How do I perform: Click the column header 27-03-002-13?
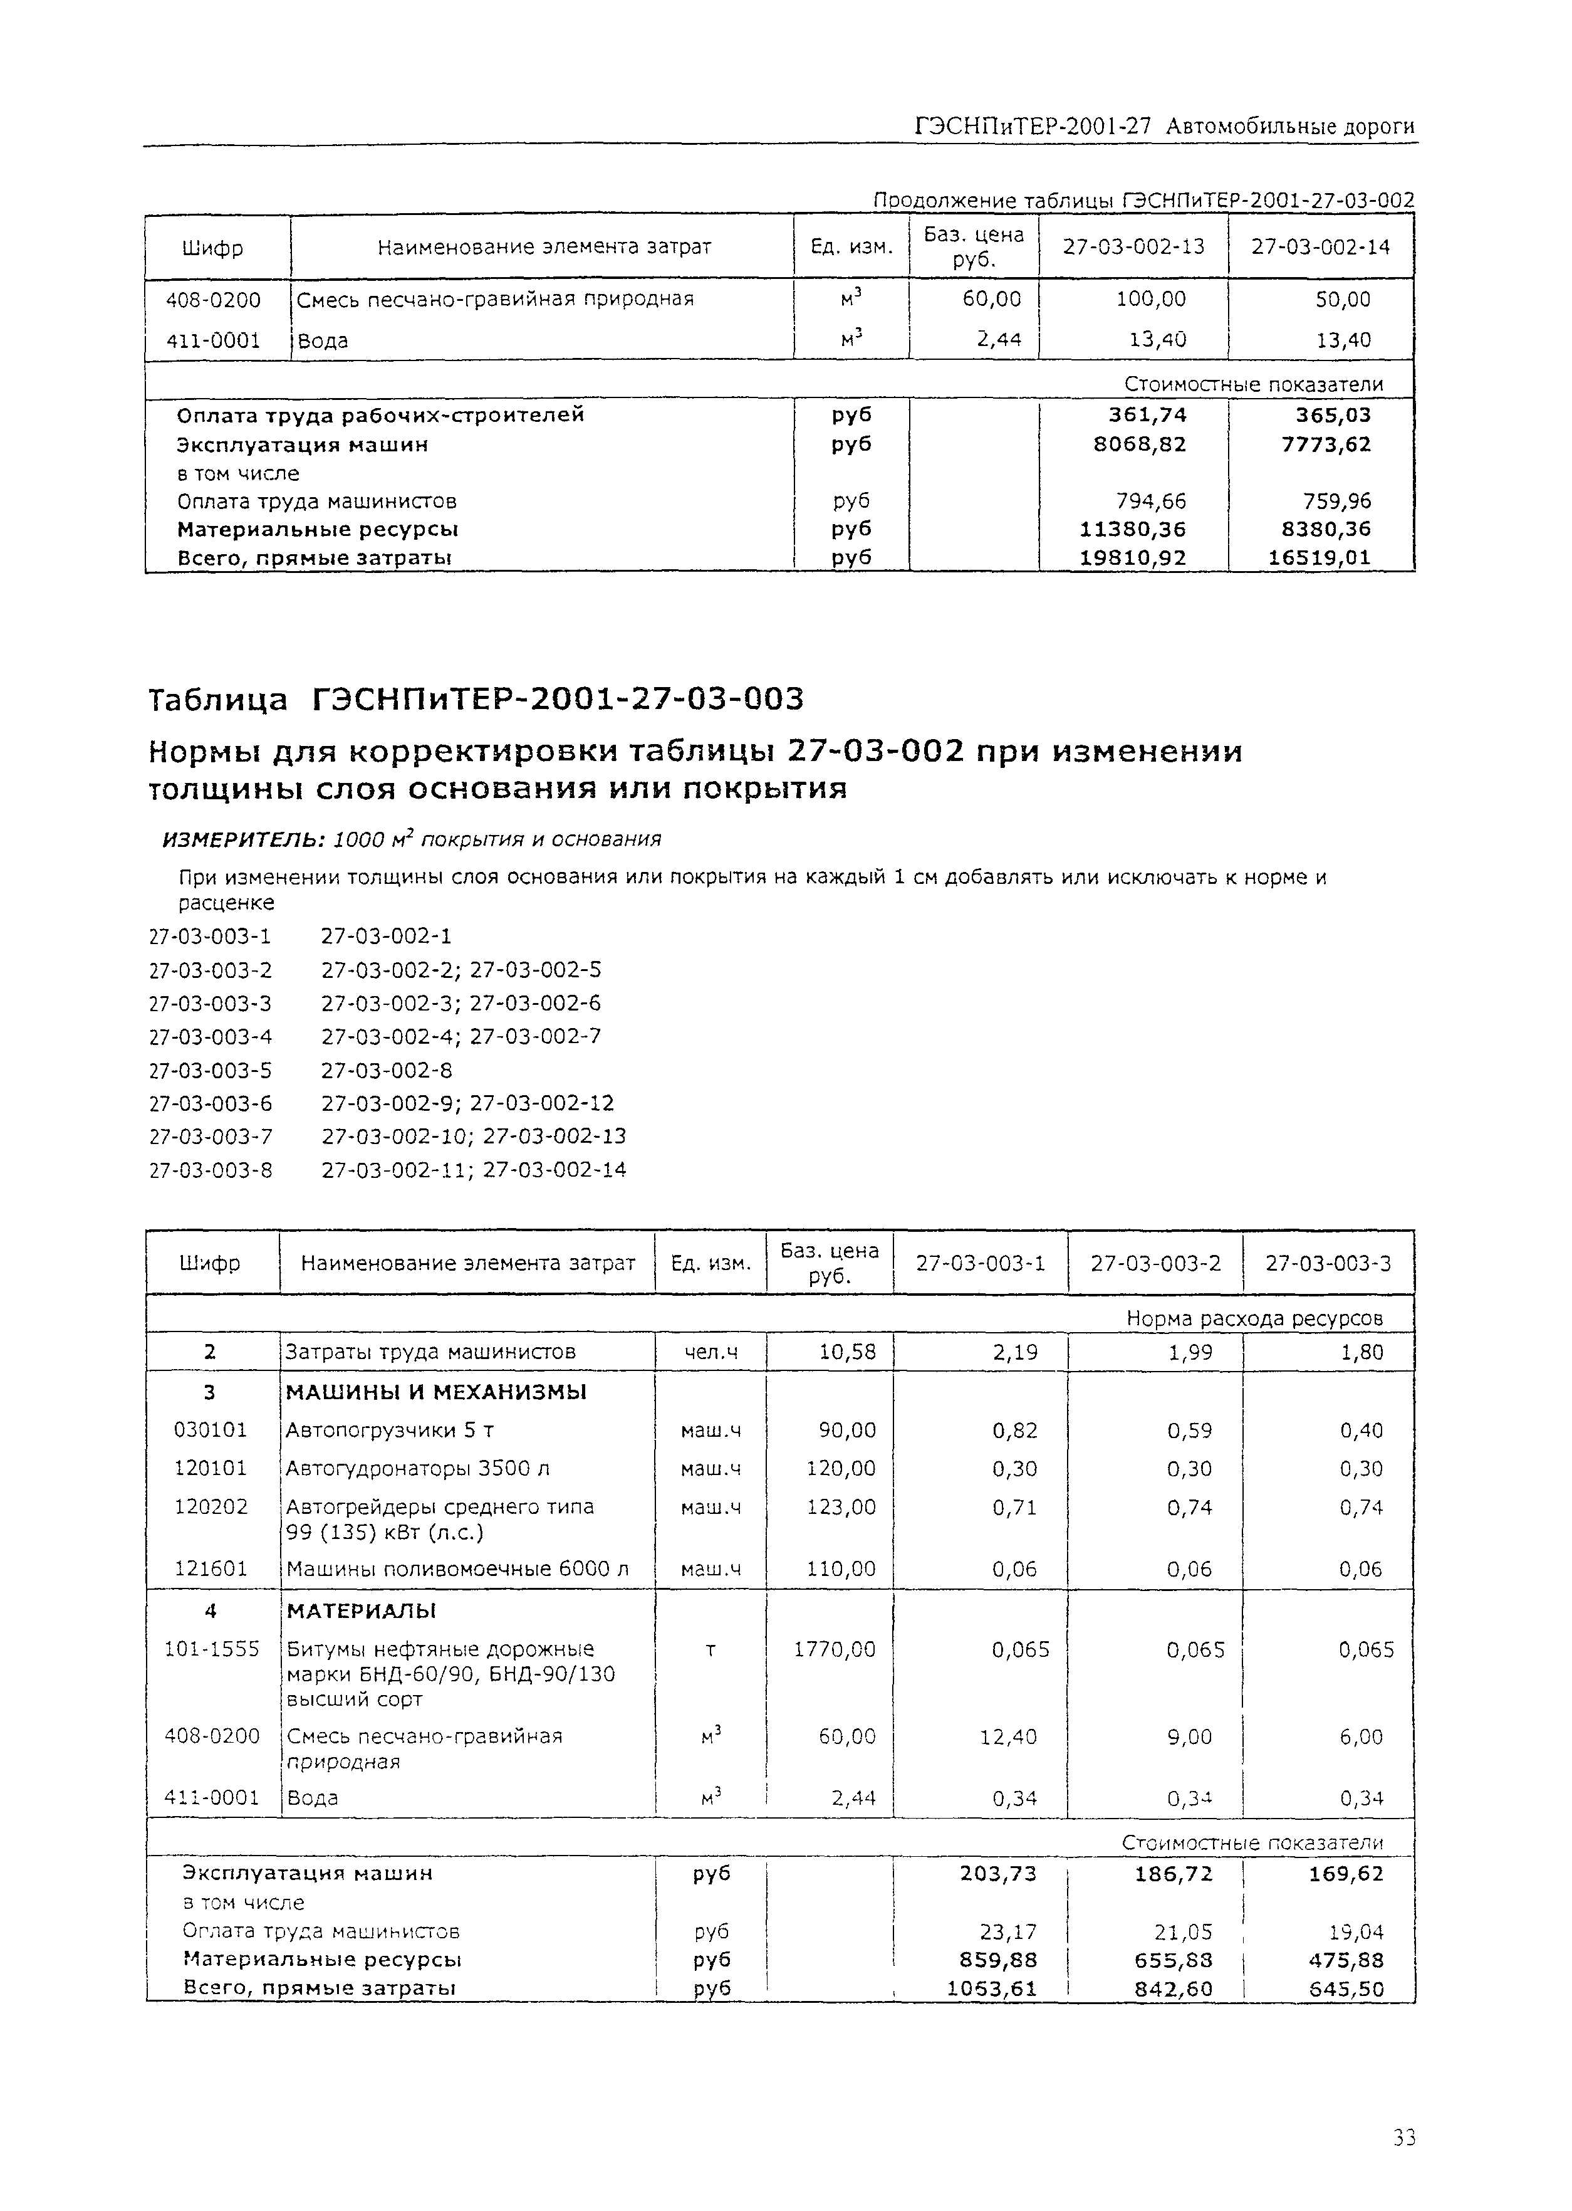1133,247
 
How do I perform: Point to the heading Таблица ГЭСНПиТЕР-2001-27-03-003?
476,698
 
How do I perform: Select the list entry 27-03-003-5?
210,1070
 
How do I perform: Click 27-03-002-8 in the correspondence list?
386,1070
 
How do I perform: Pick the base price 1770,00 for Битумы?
835,1649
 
